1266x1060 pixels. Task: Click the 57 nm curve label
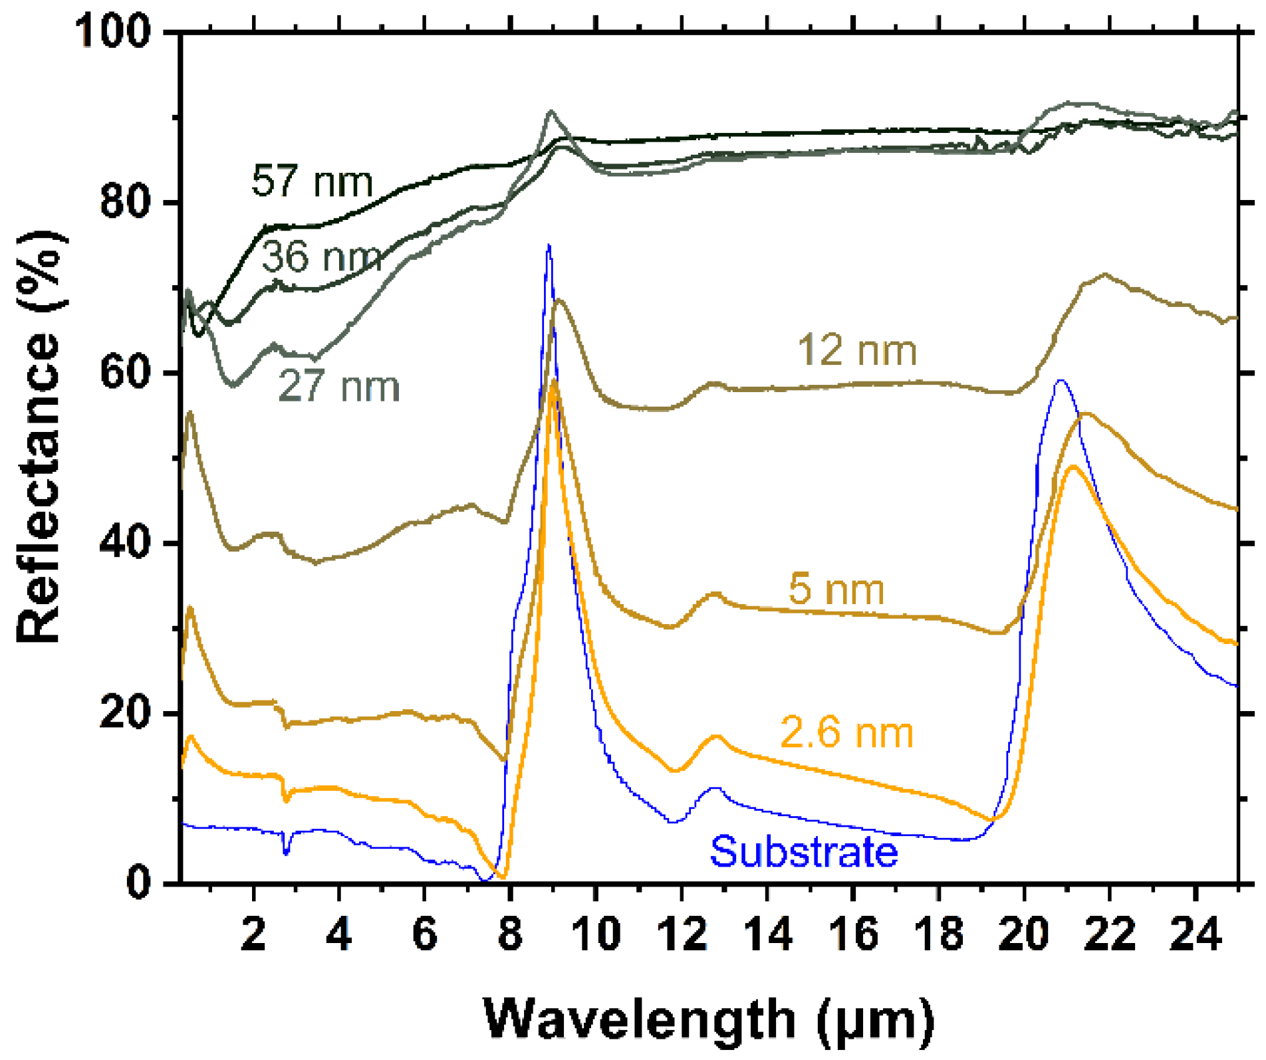tap(312, 181)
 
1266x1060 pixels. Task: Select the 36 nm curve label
tap(322, 257)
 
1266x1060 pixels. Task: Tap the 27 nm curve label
tap(339, 386)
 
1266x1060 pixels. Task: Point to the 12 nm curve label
tap(857, 350)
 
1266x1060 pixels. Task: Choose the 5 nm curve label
tap(836, 589)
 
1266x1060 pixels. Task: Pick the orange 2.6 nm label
tap(846, 732)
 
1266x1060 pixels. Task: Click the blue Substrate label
tap(804, 851)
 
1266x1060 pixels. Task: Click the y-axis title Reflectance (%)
tap(40, 437)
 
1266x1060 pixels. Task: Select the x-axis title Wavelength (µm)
tap(709, 1019)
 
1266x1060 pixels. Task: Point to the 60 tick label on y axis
tap(125, 373)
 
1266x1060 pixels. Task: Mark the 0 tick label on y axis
tap(138, 884)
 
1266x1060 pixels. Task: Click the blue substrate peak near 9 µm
tap(549, 247)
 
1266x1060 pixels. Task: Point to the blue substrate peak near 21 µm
tap(1061, 381)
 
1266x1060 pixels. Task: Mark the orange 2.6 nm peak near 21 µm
tap(1073, 467)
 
